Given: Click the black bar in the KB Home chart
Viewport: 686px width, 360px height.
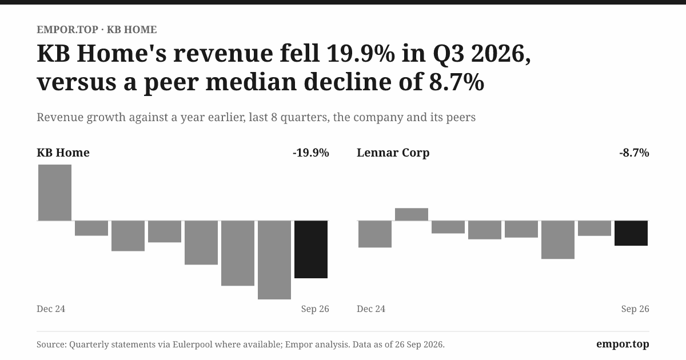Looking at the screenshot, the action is [x=311, y=249].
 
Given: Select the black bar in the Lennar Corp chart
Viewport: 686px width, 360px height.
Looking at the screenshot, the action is [x=631, y=233].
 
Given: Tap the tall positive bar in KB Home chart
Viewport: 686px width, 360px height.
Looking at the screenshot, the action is [x=55, y=193].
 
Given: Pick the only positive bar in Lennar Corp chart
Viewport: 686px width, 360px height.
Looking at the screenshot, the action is [x=412, y=214].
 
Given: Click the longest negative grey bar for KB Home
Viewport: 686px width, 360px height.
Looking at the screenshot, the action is [x=274, y=260].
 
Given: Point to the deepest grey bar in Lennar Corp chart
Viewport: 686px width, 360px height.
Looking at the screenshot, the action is [x=558, y=239].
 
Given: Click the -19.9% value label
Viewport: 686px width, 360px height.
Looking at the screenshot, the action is [x=311, y=153].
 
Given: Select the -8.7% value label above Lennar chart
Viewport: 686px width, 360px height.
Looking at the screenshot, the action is [x=634, y=153].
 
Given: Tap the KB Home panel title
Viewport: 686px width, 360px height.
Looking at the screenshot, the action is [x=63, y=153].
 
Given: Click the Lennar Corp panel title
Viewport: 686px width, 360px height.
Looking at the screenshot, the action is [x=393, y=153].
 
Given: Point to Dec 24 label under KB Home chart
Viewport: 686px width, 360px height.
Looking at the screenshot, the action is [x=51, y=309].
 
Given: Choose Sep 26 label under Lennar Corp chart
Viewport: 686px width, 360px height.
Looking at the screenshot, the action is [x=635, y=309].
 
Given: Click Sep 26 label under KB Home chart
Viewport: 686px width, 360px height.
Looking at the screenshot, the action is [x=315, y=309].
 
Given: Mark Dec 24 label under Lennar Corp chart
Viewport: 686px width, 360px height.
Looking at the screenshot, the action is [x=371, y=309].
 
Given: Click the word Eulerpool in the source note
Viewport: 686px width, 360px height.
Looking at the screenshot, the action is [x=192, y=345].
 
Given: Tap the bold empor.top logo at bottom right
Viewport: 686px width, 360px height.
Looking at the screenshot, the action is [x=623, y=344].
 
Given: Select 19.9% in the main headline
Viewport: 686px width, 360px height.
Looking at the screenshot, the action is [x=361, y=53].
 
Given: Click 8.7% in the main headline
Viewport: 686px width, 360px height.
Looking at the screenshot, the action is [x=456, y=82].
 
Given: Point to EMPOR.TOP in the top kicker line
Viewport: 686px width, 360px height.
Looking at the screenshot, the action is [x=67, y=30].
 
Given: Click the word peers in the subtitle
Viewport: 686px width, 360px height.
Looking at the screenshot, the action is [x=461, y=118].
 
